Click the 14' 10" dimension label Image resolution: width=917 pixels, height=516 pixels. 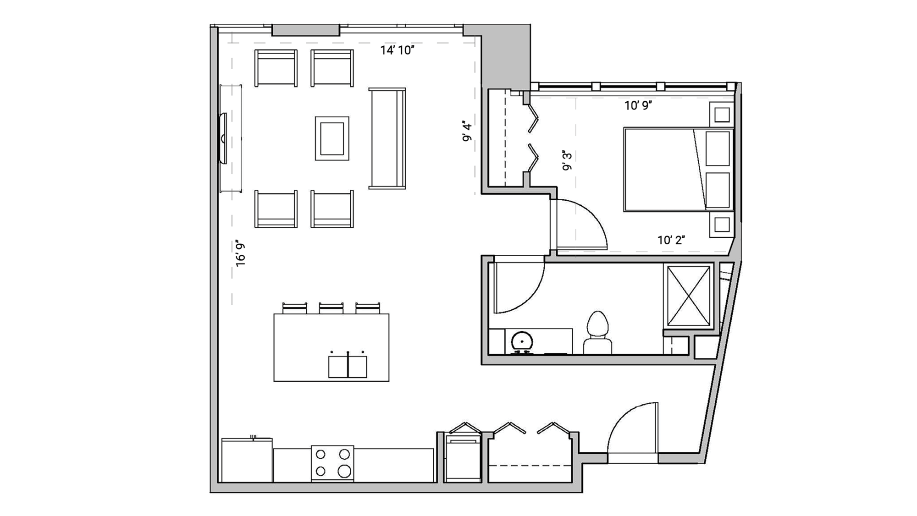tap(397, 50)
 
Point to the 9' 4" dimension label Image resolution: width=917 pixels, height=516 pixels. tap(467, 132)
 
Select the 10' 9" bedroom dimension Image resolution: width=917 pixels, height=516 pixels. tap(638, 106)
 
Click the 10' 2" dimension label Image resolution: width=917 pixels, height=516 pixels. tap(671, 240)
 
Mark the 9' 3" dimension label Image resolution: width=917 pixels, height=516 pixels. tap(568, 160)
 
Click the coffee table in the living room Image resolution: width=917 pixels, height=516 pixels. tap(332, 138)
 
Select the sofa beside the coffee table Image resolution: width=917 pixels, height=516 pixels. tap(387, 138)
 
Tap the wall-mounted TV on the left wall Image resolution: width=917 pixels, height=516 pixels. tap(223, 138)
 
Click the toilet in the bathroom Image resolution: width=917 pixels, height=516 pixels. tap(597, 332)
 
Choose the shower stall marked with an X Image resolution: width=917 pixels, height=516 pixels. tap(688, 296)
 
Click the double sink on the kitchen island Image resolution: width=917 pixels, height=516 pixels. tap(348, 366)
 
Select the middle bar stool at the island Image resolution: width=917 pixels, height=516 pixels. tap(331, 308)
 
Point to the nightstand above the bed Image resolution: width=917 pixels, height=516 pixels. tap(722, 115)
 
